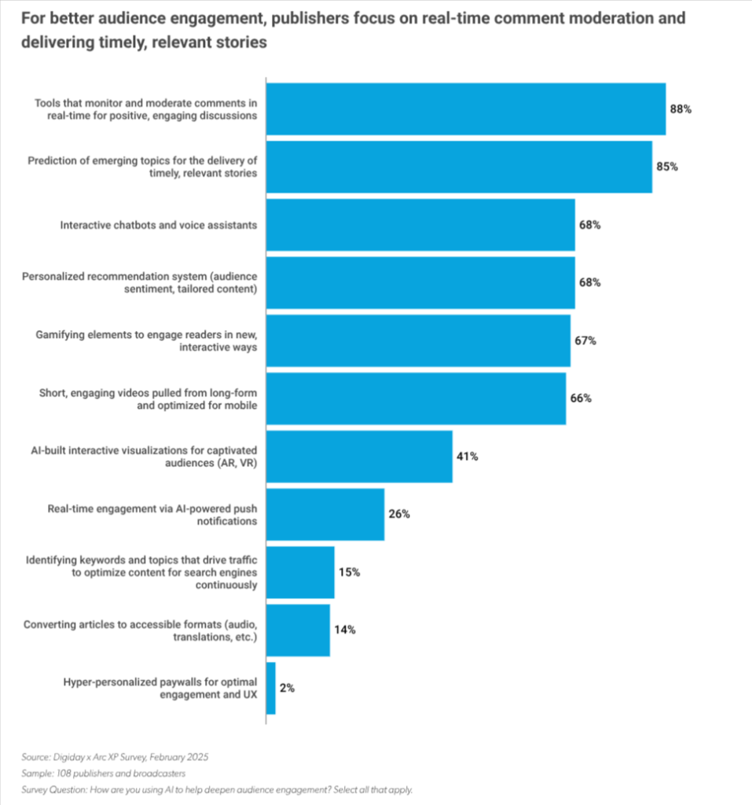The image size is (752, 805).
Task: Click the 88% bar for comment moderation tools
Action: click(x=466, y=108)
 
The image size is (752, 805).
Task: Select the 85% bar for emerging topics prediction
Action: click(x=460, y=167)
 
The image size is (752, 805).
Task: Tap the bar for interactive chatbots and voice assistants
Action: click(x=420, y=225)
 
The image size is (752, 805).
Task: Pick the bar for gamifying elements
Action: click(x=418, y=341)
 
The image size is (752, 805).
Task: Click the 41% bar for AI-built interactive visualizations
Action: click(x=359, y=457)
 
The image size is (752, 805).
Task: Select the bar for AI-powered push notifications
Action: click(x=325, y=514)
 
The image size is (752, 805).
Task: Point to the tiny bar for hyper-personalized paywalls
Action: click(x=271, y=688)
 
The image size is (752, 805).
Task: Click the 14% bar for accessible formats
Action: click(x=299, y=630)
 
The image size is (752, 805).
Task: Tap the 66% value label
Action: click(x=581, y=399)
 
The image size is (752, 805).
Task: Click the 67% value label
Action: click(x=585, y=341)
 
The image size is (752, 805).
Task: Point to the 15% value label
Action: click(x=349, y=572)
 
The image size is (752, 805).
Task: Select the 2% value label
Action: click(x=287, y=688)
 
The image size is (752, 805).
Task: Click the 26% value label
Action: click(x=399, y=514)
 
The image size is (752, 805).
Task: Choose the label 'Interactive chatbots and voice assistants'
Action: click(x=159, y=226)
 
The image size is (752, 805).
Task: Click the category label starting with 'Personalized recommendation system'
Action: click(x=140, y=282)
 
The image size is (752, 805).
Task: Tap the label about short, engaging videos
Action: click(x=149, y=399)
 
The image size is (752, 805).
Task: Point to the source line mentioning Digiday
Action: click(x=115, y=757)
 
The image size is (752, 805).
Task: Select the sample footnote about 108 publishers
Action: click(x=104, y=774)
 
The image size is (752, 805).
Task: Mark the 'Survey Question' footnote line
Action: click(x=217, y=789)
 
